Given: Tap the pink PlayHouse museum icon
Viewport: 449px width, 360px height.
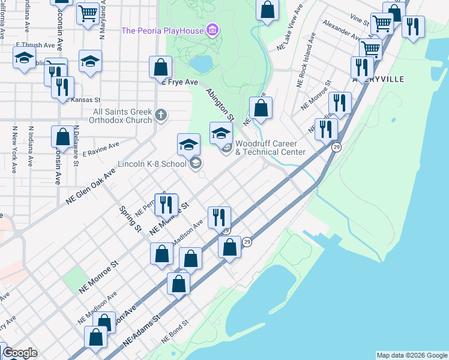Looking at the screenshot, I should (x=211, y=29).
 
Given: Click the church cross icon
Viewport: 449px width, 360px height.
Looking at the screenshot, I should (x=160, y=114).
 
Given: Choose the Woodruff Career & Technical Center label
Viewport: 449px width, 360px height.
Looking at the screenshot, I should (x=270, y=148).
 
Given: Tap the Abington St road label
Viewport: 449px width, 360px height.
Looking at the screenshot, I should (x=220, y=103).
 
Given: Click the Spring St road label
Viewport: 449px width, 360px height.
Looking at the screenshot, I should (x=130, y=220).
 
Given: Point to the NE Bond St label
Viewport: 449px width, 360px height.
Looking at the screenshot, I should (x=174, y=329).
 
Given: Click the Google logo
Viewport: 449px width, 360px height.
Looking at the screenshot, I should (x=19, y=353).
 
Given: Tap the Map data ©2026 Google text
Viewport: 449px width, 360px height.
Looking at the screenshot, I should (x=411, y=355).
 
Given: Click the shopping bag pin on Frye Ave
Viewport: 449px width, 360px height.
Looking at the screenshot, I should (x=160, y=68).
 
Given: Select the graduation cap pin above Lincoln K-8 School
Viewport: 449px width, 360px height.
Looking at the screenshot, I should (x=188, y=145).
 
